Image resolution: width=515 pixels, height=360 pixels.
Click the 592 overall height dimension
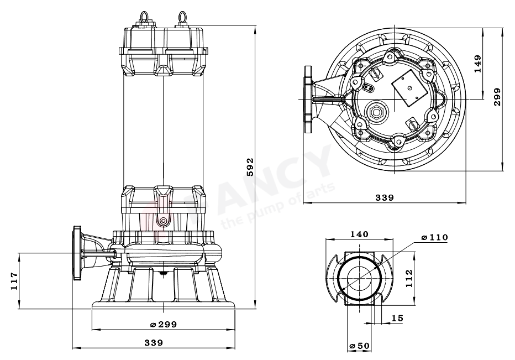pos(250,166)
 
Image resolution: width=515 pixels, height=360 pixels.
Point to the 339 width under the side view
pos(154,343)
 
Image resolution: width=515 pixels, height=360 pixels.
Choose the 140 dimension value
pos(359,234)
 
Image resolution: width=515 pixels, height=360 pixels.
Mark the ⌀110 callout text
pos(434,237)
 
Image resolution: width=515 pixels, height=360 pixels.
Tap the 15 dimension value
pos(397,318)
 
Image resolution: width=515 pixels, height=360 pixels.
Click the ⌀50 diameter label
pos(359,346)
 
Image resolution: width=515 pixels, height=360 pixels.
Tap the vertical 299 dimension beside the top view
pos(497,97)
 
